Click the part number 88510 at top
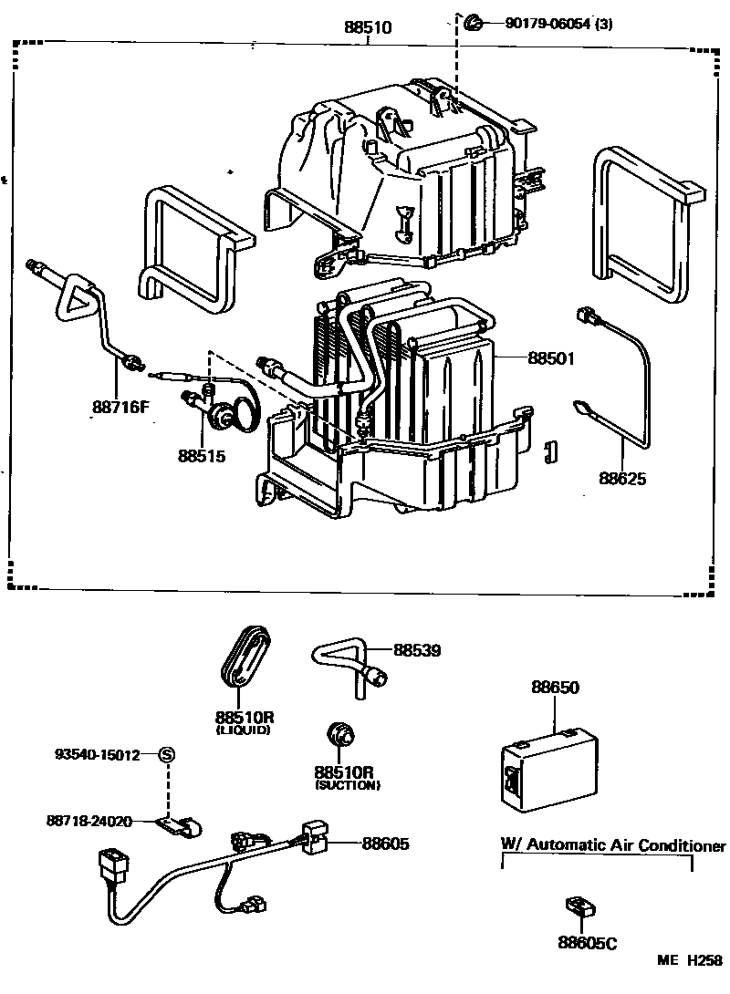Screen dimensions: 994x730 368,28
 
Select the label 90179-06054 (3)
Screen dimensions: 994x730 558,24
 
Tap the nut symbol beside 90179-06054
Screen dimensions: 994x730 473,23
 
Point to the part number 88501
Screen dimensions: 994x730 550,358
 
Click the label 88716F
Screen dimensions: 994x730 120,407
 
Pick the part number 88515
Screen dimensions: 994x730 201,453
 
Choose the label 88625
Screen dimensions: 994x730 622,478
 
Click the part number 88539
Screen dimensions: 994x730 417,650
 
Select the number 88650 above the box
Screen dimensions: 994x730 556,687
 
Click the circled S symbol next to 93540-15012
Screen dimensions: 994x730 167,754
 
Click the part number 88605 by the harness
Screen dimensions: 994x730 385,844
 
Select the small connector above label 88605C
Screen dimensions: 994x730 579,906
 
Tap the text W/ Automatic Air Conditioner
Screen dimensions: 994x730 613,844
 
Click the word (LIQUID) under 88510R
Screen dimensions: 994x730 243,730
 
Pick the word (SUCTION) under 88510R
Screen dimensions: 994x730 347,784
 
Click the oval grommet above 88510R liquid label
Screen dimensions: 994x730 246,656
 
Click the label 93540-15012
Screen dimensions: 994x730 98,754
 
